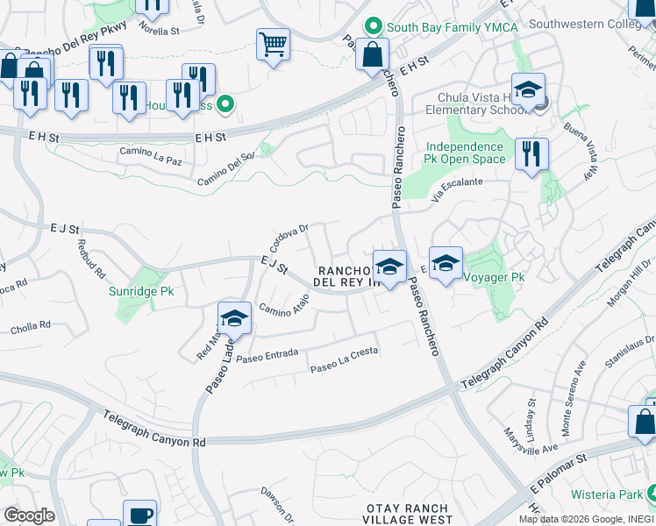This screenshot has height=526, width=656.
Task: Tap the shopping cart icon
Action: pos(274,44)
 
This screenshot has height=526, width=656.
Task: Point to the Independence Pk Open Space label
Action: pos(466,153)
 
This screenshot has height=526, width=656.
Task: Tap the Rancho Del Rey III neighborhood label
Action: pos(351,277)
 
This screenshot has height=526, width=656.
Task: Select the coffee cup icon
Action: pos(139,515)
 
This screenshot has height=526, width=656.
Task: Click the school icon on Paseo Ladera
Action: pos(234,319)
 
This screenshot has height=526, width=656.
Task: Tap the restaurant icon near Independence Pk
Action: pos(531,155)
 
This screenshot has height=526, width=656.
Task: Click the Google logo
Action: pos(28,515)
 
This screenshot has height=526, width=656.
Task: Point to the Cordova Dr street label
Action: pos(289,237)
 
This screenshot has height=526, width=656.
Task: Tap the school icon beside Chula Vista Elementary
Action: pos(529,91)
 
